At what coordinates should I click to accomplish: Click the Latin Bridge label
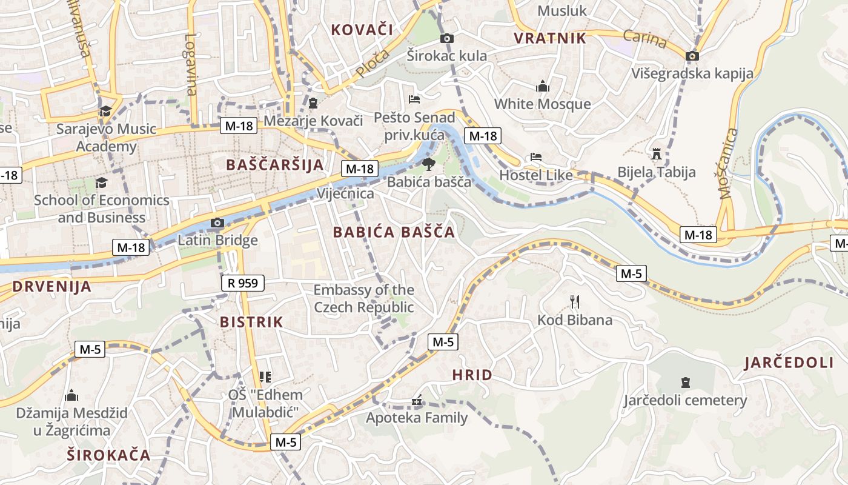[217, 241]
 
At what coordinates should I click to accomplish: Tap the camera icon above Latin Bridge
[217, 223]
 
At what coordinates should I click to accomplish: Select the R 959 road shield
[243, 283]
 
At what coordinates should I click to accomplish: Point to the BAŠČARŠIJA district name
[275, 165]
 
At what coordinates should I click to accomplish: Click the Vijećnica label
[345, 193]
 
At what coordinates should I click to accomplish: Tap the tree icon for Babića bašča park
[428, 164]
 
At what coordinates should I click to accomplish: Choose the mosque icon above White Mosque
[542, 86]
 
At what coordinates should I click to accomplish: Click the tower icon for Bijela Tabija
[657, 154]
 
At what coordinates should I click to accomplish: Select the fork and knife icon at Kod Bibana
[575, 301]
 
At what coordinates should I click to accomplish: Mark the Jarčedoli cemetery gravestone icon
[685, 383]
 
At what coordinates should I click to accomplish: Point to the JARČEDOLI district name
[789, 363]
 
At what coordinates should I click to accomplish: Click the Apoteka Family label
[417, 418]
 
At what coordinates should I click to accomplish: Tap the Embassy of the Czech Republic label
[363, 298]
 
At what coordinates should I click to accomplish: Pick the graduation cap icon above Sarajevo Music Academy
[106, 111]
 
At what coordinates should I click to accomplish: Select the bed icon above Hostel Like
[536, 157]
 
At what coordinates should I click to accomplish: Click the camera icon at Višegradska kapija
[692, 56]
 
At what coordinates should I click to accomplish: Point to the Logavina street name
[191, 64]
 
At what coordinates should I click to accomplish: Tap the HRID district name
[472, 375]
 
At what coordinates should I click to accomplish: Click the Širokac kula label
[446, 56]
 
